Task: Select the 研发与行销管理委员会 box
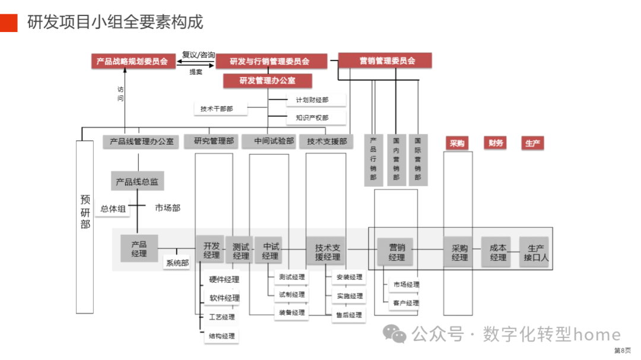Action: coord(270,61)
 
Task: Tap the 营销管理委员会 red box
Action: coord(385,60)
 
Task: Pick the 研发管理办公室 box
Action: coord(268,80)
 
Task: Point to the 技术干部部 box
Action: coord(217,109)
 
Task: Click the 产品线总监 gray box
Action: coord(137,181)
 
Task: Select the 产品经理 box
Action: coord(139,249)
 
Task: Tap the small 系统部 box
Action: coord(177,263)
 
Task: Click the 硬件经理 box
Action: coord(224,279)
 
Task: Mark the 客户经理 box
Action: coord(405,303)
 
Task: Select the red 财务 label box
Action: coord(496,143)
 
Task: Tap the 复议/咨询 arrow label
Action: coord(198,55)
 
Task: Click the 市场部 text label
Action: coord(168,208)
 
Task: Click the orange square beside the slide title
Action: coord(8,22)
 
